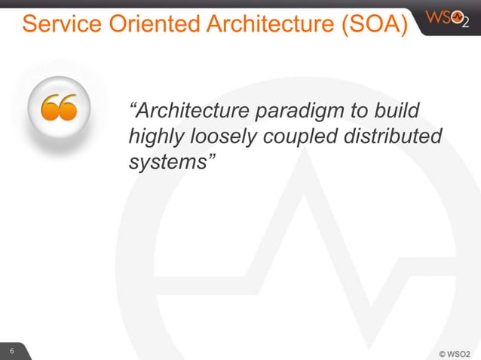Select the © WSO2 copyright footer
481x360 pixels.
tap(455, 352)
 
